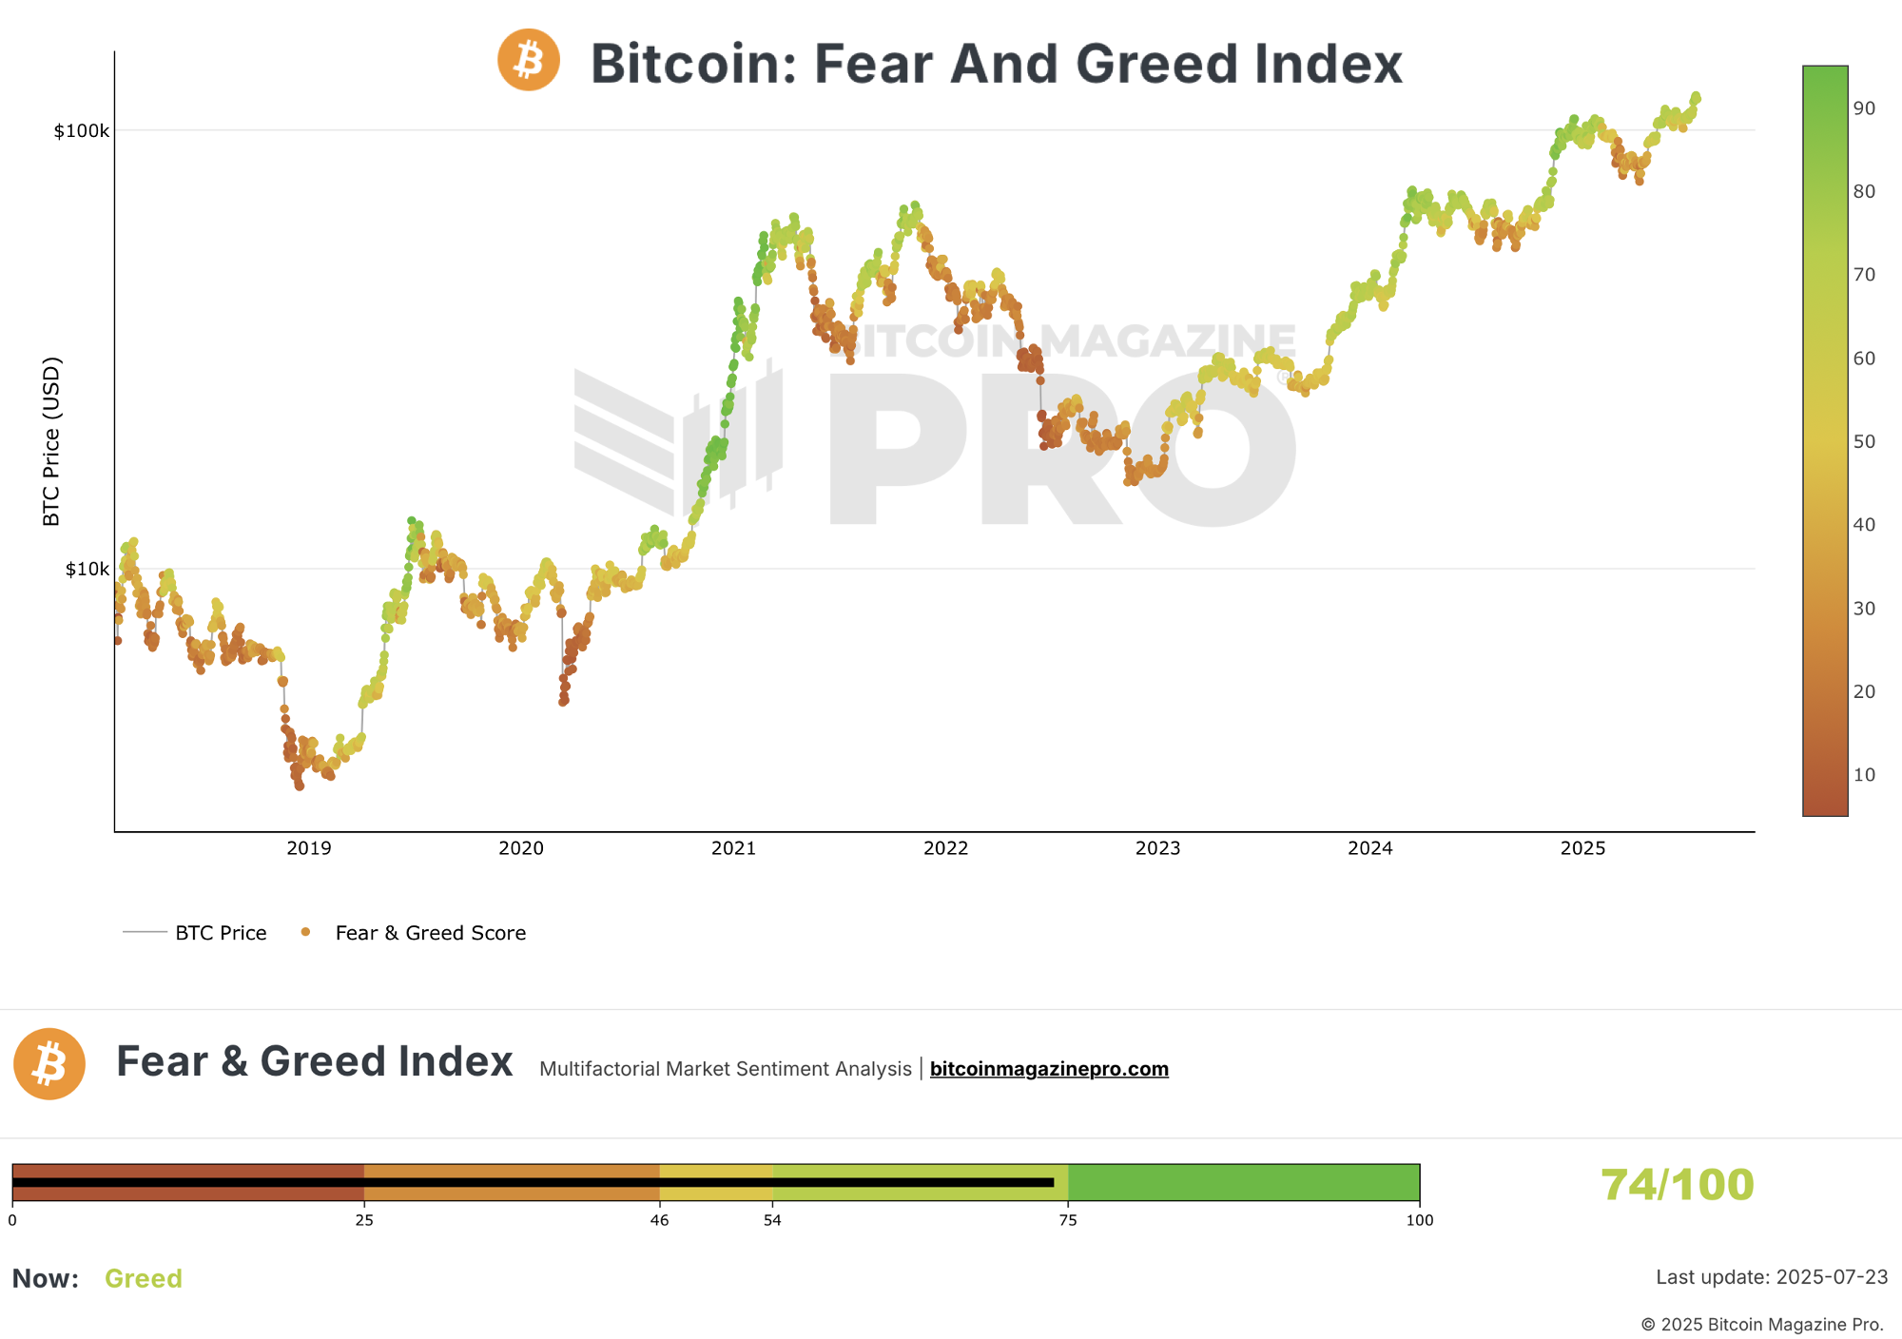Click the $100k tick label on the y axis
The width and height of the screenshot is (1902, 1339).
coord(82,131)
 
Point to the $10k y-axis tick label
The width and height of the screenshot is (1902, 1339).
coord(87,570)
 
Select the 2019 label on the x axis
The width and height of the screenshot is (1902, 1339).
coord(309,848)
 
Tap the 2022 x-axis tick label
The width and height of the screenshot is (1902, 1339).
coord(945,848)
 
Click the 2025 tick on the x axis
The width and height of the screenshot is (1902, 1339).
coord(1582,848)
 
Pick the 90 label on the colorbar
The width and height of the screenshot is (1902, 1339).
coord(1864,108)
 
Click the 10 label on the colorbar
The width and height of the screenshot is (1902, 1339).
coord(1864,775)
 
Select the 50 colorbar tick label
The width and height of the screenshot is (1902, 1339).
coord(1864,442)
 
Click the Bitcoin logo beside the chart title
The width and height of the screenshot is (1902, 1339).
coord(529,60)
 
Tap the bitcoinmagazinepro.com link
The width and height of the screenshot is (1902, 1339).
coord(1049,1069)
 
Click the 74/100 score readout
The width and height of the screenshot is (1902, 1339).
coord(1677,1185)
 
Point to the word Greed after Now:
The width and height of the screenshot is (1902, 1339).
coord(144,1278)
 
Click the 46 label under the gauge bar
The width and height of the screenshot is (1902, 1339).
coord(659,1220)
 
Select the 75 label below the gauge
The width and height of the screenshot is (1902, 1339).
coord(1068,1220)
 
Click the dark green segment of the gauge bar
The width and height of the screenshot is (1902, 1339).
coord(1243,1182)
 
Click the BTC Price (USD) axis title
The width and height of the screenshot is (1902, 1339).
coord(51,441)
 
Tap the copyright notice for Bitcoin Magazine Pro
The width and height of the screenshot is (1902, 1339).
coord(1762,1325)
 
